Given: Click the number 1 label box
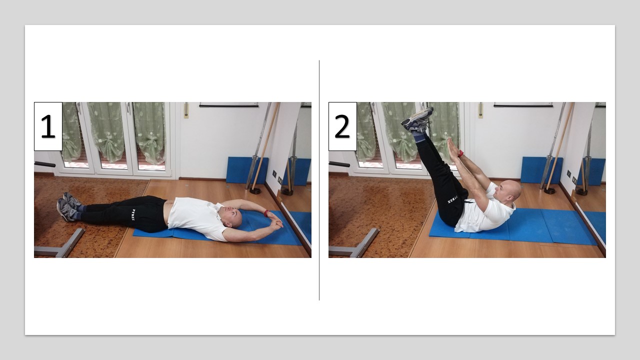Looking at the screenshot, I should click(48, 126).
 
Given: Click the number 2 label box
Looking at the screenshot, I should click(342, 126).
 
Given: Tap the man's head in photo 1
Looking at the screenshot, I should click(233, 217).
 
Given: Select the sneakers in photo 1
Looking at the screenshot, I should click(68, 206).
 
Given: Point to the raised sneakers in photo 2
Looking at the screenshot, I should click(416, 119).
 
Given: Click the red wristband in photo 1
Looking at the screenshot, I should click(266, 213).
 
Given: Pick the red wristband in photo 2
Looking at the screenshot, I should click(460, 153).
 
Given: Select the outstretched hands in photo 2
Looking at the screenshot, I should click(452, 148).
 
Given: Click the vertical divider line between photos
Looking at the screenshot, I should click(319, 180).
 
